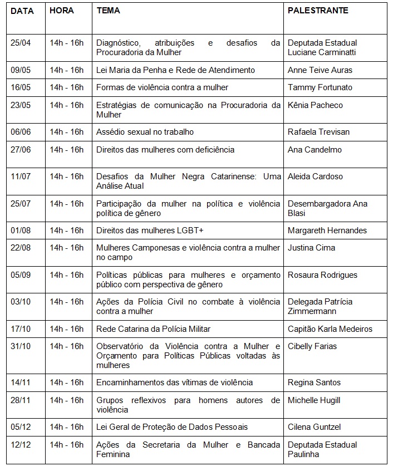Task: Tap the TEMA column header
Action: click(108, 11)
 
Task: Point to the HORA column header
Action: click(61, 11)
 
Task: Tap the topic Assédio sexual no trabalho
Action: click(145, 132)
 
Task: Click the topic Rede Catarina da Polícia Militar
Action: click(153, 329)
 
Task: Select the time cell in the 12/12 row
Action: click(66, 445)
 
